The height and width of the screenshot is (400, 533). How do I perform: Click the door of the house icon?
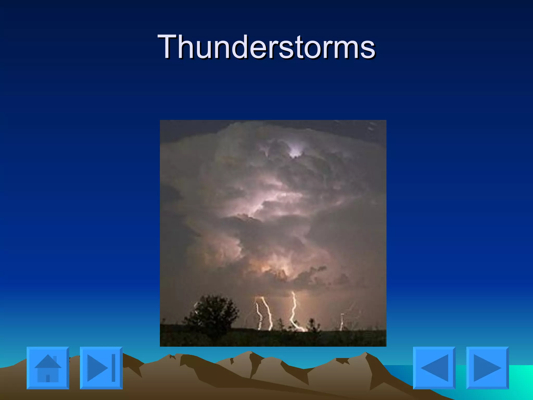point(48,378)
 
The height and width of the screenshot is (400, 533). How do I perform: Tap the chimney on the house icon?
point(55,359)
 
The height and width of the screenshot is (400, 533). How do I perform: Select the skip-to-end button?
point(101,368)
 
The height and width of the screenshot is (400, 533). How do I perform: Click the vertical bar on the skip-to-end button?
point(113,368)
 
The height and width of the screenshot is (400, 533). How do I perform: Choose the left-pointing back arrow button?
point(434,368)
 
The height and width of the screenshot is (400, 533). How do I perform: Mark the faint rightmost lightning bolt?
point(342,322)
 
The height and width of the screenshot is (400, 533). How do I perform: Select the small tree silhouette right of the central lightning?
point(312,324)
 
